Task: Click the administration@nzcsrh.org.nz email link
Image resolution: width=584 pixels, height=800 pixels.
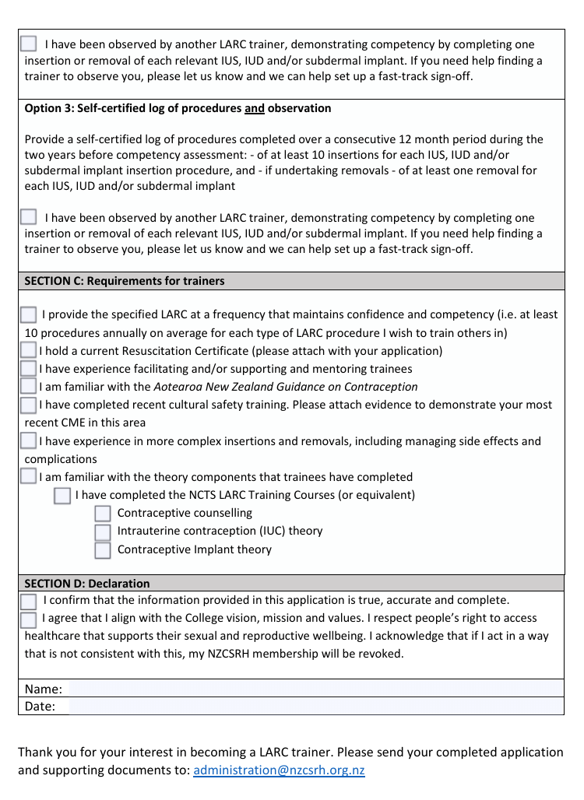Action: [279, 770]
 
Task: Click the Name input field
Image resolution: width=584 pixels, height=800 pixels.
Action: [315, 689]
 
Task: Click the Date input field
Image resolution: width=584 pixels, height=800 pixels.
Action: [315, 707]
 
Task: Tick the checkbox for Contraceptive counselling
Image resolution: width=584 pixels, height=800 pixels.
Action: [103, 514]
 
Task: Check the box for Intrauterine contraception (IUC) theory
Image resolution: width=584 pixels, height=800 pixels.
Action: [103, 532]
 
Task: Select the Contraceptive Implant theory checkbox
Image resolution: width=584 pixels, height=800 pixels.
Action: [103, 550]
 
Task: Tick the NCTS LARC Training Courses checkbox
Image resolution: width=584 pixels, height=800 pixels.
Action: [62, 496]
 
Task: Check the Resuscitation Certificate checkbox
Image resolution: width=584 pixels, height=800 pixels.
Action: [29, 351]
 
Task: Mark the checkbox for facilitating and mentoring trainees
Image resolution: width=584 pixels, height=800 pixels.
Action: [29, 369]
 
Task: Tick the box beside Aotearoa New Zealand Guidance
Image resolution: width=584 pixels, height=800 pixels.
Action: [29, 387]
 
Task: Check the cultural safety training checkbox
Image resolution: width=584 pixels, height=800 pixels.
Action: [29, 405]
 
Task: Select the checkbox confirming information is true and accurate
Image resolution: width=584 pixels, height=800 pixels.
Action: [29, 602]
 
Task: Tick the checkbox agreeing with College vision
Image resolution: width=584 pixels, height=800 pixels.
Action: [29, 619]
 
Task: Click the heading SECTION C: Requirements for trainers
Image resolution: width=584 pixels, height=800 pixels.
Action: [125, 281]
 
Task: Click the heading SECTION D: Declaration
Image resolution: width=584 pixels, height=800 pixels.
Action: [87, 583]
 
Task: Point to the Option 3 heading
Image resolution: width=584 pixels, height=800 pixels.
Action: [178, 108]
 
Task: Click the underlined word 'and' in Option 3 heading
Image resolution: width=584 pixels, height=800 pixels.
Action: [255, 108]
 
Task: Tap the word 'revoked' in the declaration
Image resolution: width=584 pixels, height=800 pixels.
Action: [382, 654]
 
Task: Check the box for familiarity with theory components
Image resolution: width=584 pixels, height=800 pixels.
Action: [29, 477]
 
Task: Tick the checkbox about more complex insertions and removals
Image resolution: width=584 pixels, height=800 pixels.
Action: [29, 441]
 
